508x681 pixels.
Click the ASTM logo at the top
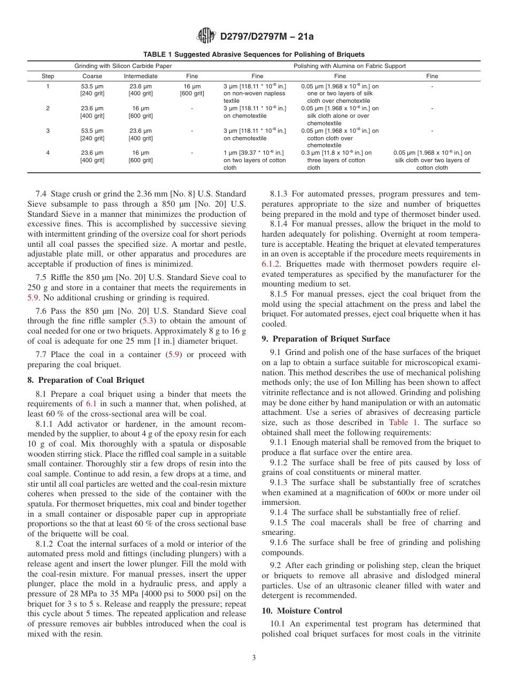(x=205, y=36)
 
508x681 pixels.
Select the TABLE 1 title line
(x=253, y=55)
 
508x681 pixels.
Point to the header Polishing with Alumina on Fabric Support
(x=350, y=66)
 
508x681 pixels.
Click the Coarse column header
(x=93, y=76)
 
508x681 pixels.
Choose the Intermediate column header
(x=141, y=76)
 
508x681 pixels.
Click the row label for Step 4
(x=48, y=153)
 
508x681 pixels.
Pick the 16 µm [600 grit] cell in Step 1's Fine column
(x=192, y=89)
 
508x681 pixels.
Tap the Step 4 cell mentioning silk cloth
(x=432, y=160)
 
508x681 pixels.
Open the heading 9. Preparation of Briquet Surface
(x=326, y=338)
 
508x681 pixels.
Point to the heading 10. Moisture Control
(x=302, y=610)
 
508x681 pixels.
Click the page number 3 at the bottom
(x=254, y=658)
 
